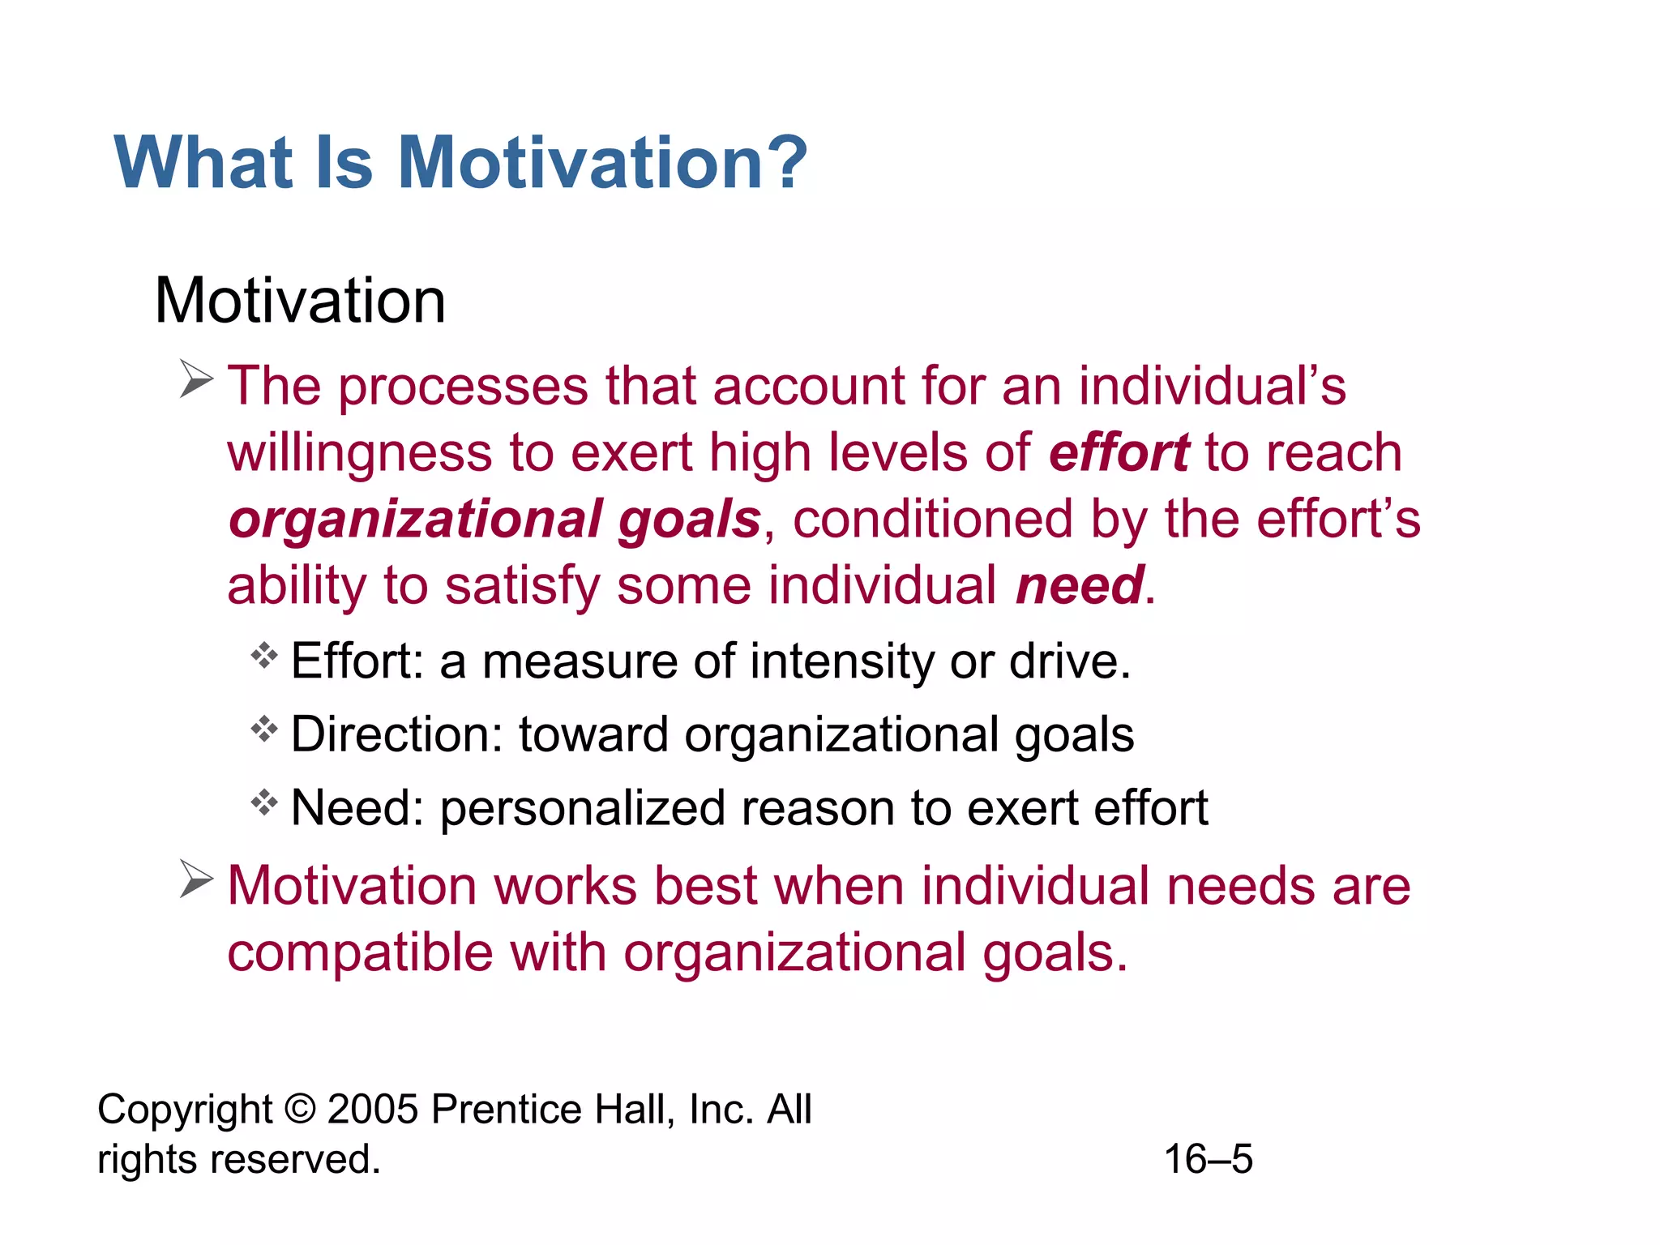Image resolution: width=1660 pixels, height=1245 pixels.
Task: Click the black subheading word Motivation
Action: tap(300, 301)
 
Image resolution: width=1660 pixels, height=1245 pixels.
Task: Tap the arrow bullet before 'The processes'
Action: tap(196, 379)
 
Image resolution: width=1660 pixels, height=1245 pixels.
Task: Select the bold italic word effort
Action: tap(1119, 452)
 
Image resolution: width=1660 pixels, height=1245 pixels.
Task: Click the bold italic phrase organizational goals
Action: tap(494, 520)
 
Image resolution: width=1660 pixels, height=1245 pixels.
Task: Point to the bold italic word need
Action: tap(1080, 585)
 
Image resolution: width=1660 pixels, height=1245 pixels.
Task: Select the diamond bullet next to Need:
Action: tap(264, 802)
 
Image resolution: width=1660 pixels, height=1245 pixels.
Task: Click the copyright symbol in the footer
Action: tap(301, 1109)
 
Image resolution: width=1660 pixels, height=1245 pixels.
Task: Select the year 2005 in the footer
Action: tap(372, 1109)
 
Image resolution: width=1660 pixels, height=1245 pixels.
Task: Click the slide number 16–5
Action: tap(1208, 1159)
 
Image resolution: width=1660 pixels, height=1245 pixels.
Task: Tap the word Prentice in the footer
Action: tap(505, 1109)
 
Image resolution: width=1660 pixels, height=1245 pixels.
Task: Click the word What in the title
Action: tap(203, 162)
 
